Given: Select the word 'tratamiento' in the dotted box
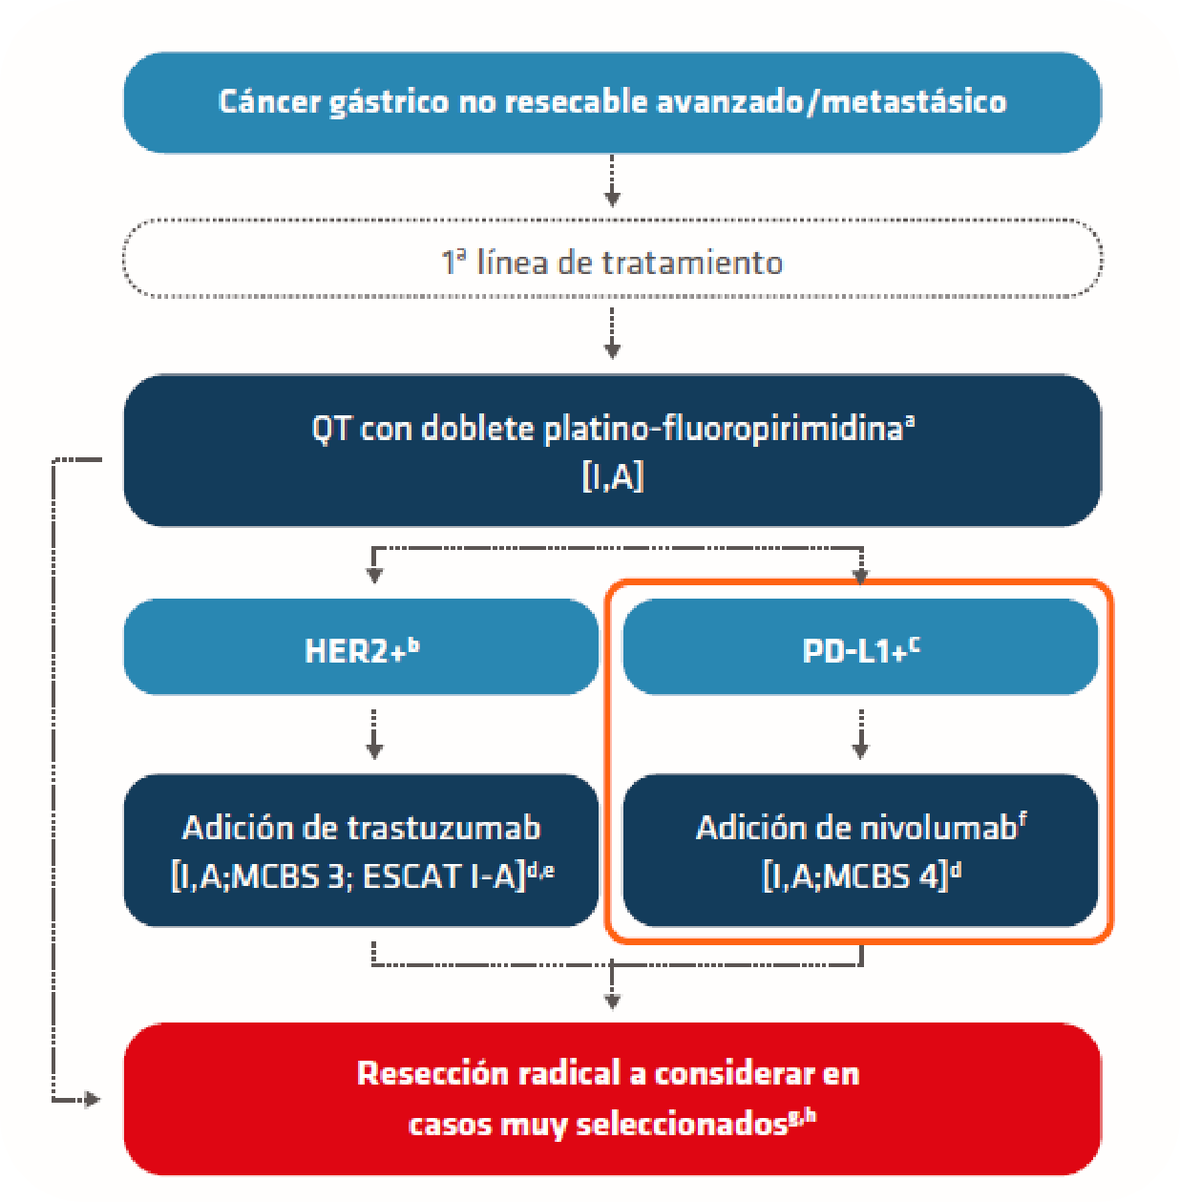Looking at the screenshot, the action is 692,263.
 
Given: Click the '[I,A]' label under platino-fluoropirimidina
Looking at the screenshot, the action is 612,477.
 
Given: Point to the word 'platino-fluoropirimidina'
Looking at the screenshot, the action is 724,430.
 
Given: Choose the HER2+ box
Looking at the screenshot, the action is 361,646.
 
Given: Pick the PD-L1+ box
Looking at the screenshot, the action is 860,646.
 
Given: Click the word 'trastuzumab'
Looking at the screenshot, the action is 444,829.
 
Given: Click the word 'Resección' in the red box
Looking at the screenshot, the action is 432,1073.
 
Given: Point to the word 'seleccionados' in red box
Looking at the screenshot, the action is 682,1125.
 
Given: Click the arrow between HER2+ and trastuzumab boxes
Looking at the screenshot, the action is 374,733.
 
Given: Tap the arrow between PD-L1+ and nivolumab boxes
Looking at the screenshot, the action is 860,733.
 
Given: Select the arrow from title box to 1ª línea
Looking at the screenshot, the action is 612,180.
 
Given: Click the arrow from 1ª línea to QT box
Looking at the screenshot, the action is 612,333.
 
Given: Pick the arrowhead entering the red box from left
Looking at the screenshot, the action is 93,1099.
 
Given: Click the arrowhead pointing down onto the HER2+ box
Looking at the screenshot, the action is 374,575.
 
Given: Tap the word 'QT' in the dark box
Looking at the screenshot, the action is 330,430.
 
